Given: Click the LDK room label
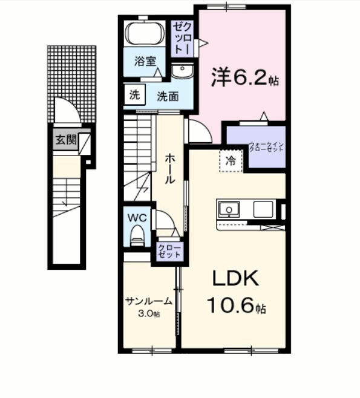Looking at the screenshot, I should click(235, 279).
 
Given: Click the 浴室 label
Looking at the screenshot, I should click(145, 61).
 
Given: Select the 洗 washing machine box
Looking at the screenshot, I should click(134, 95).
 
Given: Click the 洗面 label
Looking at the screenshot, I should click(168, 96).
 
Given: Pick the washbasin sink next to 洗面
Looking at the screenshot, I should click(181, 73).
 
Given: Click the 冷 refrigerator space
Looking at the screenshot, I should click(231, 160).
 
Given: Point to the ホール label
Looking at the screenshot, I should click(171, 168).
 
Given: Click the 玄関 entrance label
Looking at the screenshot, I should click(66, 141).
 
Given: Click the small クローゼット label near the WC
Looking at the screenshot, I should click(169, 252).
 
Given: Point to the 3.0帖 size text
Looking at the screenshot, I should click(149, 313).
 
